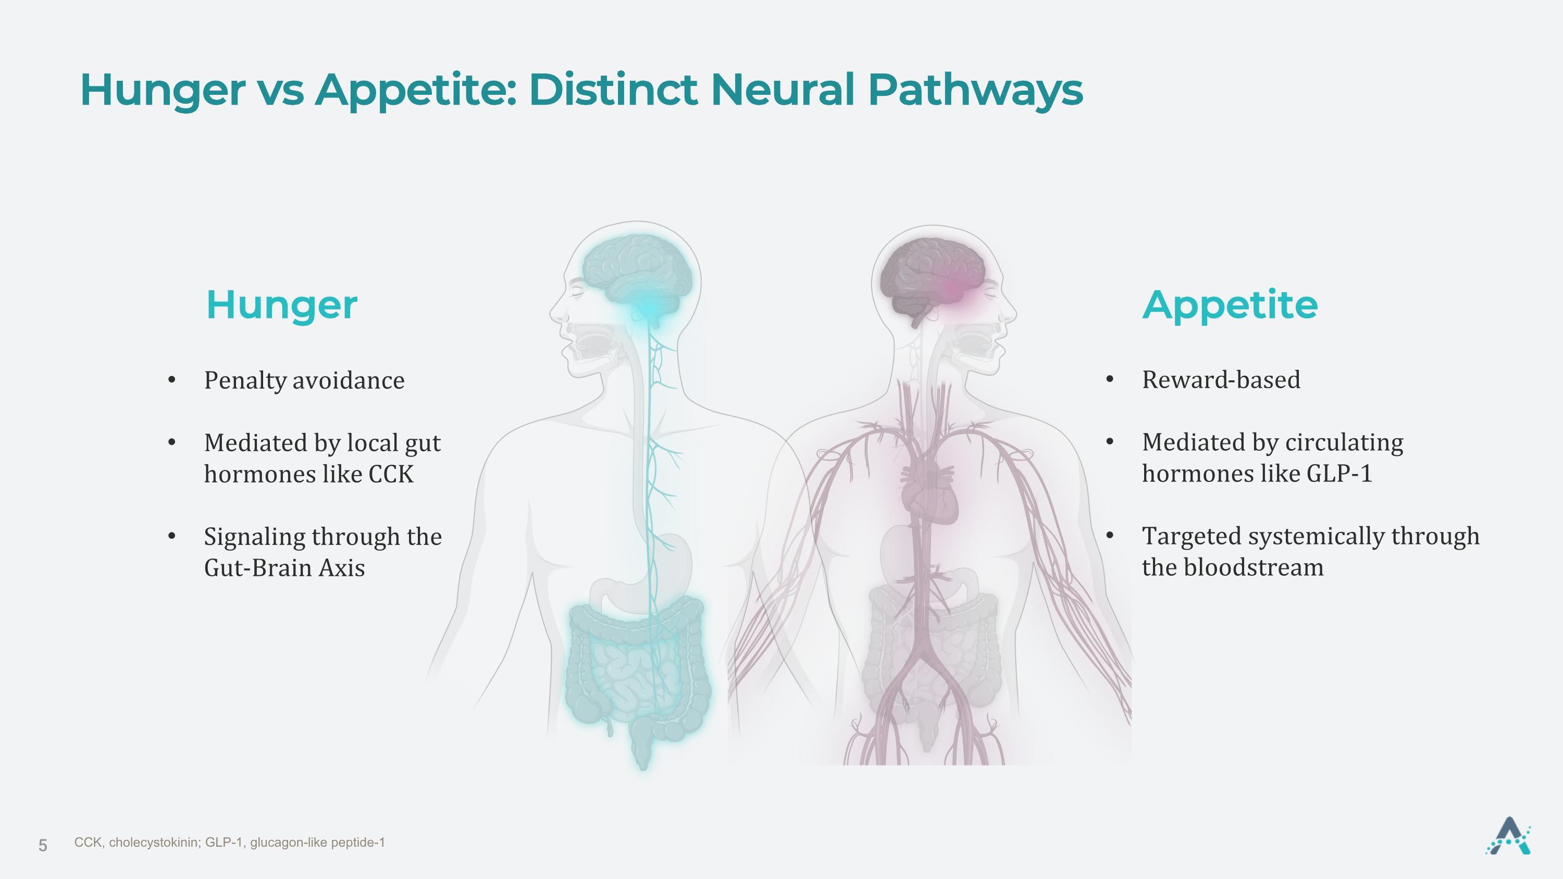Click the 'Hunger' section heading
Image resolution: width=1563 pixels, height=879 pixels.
coord(281,306)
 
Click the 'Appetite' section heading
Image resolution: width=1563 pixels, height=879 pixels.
coord(1230,306)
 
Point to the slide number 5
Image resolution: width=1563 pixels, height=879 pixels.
coord(43,845)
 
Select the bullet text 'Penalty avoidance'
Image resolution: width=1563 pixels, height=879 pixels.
coord(304,380)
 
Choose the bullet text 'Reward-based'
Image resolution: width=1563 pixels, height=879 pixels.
coord(1221,380)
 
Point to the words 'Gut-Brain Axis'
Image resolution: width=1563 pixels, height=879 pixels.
coord(284,568)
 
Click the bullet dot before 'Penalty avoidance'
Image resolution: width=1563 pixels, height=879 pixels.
coord(172,380)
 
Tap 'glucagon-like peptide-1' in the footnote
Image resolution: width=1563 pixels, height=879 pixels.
coord(317,843)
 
